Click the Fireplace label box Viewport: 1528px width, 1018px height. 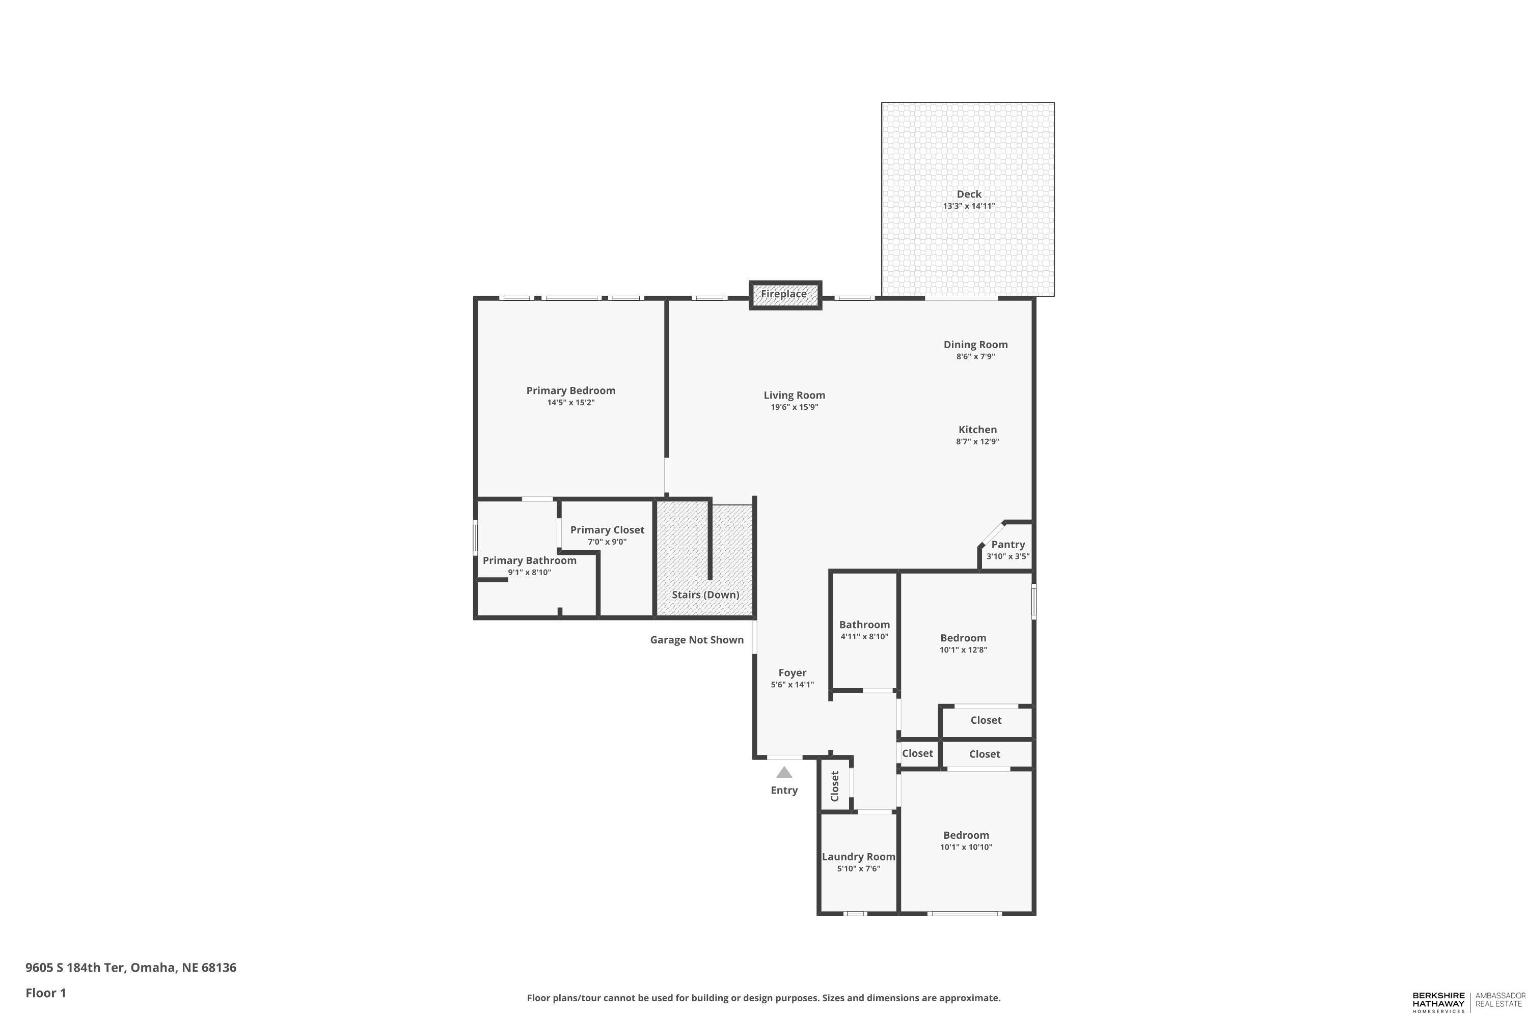(x=784, y=294)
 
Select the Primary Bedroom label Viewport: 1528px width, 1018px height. (x=570, y=390)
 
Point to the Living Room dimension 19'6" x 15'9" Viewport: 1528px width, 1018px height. (x=794, y=408)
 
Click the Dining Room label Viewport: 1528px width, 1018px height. (x=975, y=345)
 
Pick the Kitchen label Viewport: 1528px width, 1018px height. (x=977, y=430)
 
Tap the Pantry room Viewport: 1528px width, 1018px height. (x=1007, y=549)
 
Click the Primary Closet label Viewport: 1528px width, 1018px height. (x=607, y=530)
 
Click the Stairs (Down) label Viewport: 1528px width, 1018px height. (x=705, y=595)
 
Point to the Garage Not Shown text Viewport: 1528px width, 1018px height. (x=696, y=640)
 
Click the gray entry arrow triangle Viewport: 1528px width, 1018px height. (x=784, y=773)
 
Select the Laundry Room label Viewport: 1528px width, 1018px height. (x=858, y=857)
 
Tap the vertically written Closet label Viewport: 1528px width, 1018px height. (x=835, y=786)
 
